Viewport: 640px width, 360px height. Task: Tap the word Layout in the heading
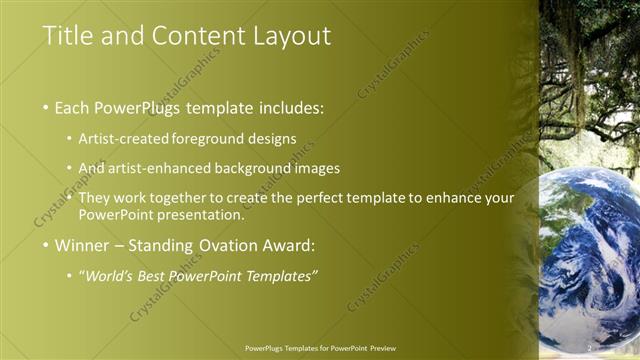pyautogui.click(x=285, y=36)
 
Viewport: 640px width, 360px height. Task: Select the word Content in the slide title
pyautogui.click(x=184, y=36)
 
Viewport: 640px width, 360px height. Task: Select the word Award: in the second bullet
pyautogui.click(x=288, y=245)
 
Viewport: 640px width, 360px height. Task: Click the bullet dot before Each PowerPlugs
pyautogui.click(x=47, y=108)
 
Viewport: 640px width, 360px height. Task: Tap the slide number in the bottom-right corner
pyautogui.click(x=590, y=347)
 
